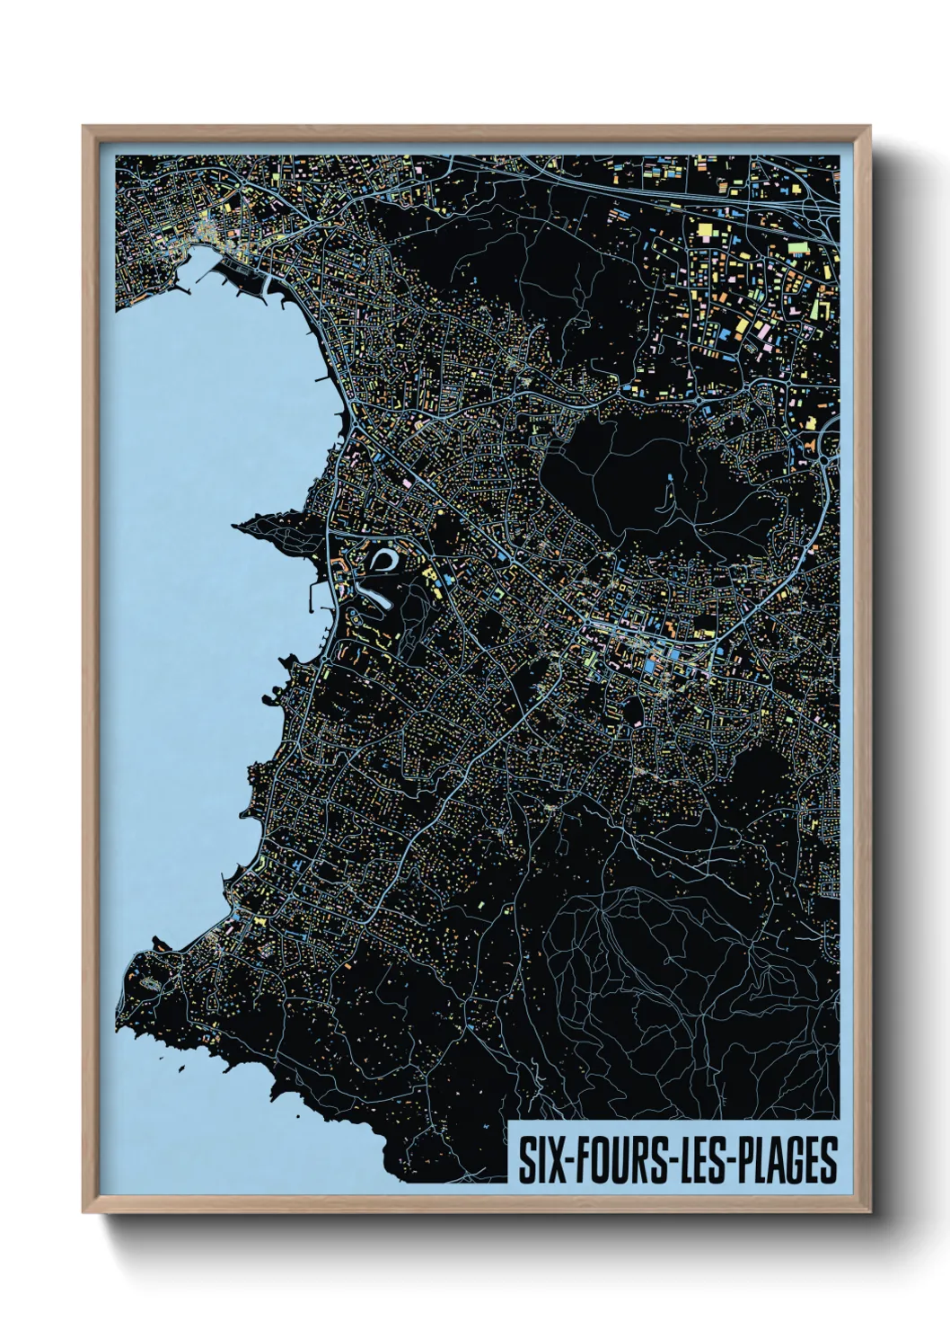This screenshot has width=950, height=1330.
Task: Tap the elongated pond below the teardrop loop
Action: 375,598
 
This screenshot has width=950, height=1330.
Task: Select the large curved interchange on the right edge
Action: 828,449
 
